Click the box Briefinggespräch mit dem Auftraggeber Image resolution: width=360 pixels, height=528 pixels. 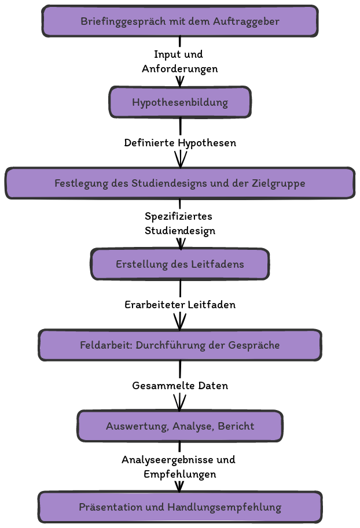click(180, 21)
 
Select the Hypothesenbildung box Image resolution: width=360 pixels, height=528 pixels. click(180, 102)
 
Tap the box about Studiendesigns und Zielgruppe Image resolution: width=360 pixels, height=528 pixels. click(180, 183)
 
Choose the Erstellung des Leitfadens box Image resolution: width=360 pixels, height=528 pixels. click(180, 264)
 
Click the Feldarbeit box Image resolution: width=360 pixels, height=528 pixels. click(180, 345)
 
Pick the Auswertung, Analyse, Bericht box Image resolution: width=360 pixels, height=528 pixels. click(180, 426)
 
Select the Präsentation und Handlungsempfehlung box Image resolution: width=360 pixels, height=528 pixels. click(180, 507)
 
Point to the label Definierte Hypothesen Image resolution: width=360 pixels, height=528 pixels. click(180, 143)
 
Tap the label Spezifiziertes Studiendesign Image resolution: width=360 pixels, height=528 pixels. click(179, 223)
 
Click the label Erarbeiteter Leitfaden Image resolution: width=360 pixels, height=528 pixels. click(180, 305)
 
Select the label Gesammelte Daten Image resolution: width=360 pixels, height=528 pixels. click(180, 386)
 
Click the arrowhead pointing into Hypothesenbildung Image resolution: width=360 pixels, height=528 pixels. click(180, 82)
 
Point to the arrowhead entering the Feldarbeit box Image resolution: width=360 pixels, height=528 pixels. click(180, 323)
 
